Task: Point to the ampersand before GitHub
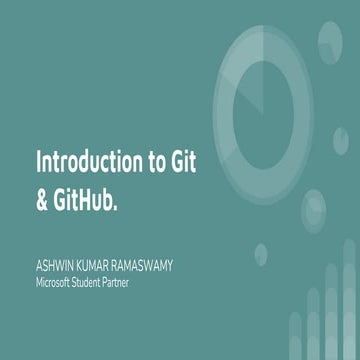pyautogui.click(x=42, y=197)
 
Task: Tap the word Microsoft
pyautogui.click(x=58, y=282)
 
